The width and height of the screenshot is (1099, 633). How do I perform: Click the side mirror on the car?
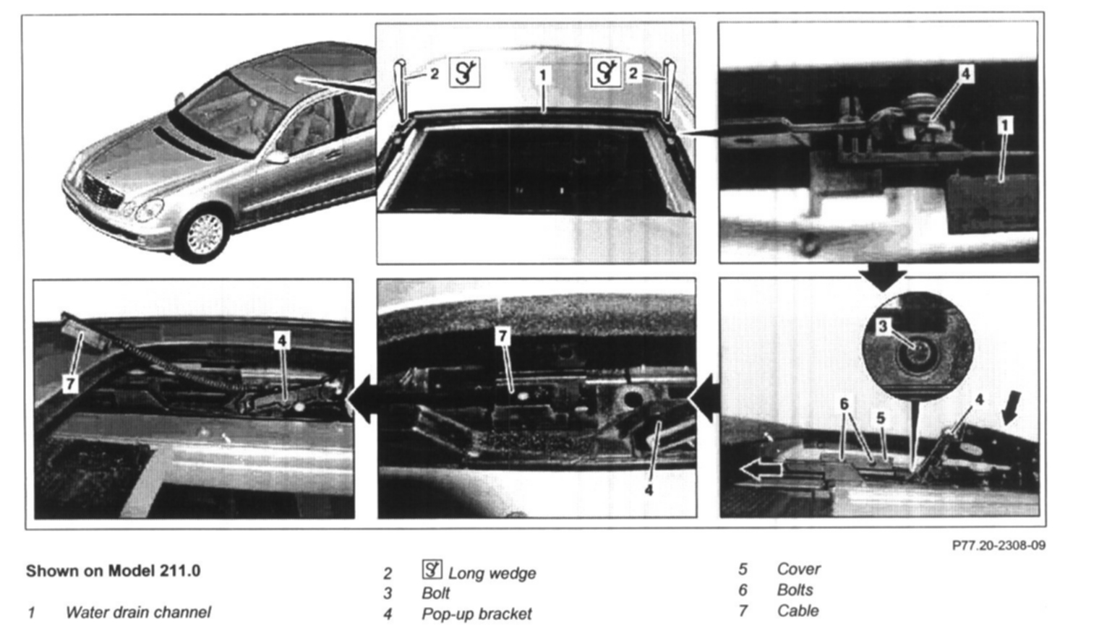tap(278, 157)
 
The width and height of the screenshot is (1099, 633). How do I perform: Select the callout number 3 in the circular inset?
tap(883, 326)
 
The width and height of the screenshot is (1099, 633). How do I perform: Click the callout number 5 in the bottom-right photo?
tap(881, 418)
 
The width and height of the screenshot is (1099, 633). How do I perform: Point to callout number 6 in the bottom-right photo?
tap(844, 404)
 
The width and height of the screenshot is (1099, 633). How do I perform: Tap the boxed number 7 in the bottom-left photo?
tap(71, 384)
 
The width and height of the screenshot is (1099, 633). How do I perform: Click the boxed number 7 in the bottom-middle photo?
tap(503, 336)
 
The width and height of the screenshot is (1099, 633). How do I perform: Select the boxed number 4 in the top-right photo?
tap(965, 74)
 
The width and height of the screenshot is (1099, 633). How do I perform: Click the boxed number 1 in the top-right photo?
tap(1005, 126)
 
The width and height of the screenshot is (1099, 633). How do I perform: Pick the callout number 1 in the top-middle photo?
tap(542, 75)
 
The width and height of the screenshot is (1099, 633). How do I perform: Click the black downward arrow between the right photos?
tap(883, 277)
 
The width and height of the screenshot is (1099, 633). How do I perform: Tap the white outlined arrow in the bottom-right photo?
tap(761, 470)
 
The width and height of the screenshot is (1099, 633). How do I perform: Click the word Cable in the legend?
tap(797, 611)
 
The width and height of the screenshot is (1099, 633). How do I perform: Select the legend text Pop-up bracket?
tap(476, 614)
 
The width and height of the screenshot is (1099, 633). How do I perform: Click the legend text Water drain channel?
tap(138, 612)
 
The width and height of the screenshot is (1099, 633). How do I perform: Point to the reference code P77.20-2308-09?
tap(998, 546)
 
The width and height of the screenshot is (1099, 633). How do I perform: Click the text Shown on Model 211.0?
tap(113, 571)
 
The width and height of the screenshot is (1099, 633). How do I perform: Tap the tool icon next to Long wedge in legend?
tap(432, 569)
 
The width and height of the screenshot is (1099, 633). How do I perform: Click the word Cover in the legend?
tap(798, 569)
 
